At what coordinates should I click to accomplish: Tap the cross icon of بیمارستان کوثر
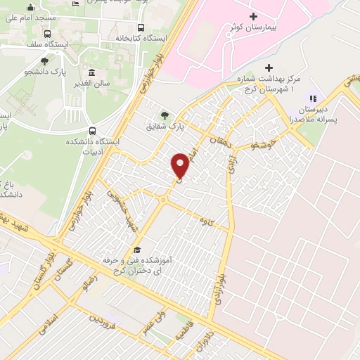(253, 15)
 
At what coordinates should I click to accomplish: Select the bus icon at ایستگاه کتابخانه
(141, 28)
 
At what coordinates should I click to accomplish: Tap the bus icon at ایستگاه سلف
(46, 33)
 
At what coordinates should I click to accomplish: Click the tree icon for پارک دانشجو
(45, 61)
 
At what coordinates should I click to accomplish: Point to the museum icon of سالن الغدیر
(92, 73)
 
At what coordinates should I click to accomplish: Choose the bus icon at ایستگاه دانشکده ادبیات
(93, 131)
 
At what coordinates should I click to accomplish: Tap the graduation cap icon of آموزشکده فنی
(137, 250)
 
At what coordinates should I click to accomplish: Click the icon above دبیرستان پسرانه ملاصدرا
(313, 98)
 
